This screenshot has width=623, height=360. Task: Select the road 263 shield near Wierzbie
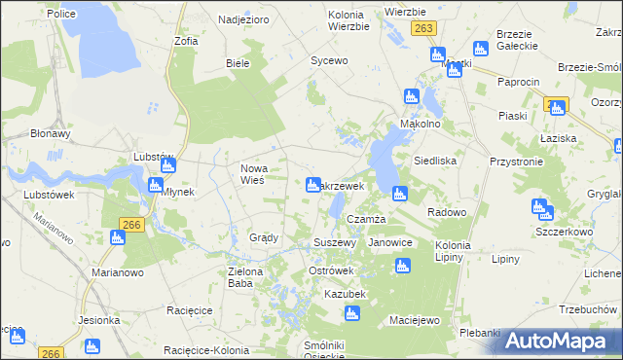pyautogui.click(x=422, y=29)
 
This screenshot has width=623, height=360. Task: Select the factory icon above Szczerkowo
pyautogui.click(x=539, y=207)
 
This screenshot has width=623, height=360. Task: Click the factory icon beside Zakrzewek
pyautogui.click(x=313, y=184)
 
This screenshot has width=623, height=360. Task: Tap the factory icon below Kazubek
pyautogui.click(x=351, y=313)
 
